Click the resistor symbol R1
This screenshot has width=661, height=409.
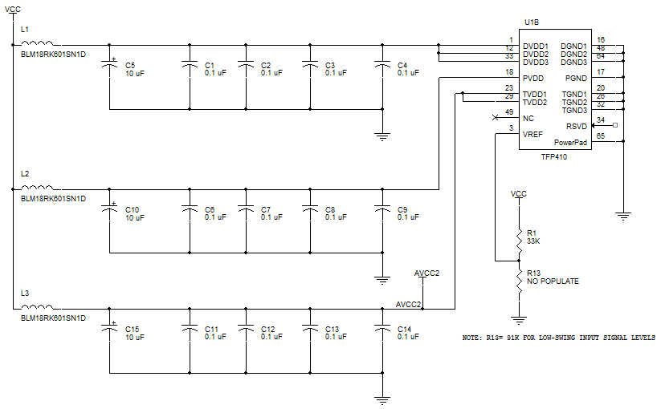click(x=518, y=237)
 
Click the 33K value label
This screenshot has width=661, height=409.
click(x=534, y=241)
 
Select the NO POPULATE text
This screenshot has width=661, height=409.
click(x=553, y=281)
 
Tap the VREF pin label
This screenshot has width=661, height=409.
click(x=532, y=134)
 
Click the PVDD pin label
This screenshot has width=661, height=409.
click(x=532, y=79)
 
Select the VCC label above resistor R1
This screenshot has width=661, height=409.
click(x=518, y=194)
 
